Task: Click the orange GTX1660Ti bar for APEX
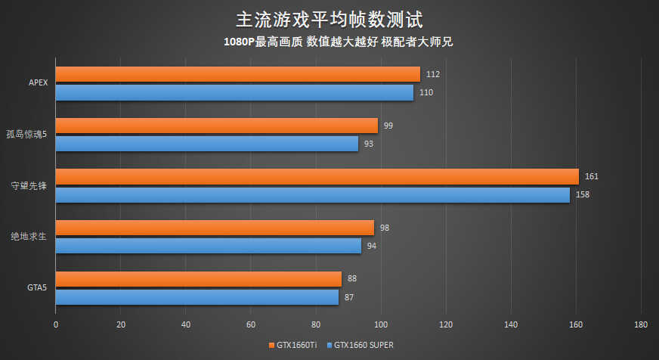pyautogui.click(x=237, y=74)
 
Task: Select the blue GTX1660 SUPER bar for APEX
pyautogui.click(x=234, y=92)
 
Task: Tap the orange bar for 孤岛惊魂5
pyautogui.click(x=216, y=126)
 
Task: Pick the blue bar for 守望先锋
pyautogui.click(x=312, y=194)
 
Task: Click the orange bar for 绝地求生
pyautogui.click(x=215, y=228)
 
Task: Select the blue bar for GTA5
pyautogui.click(x=196, y=297)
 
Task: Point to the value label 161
pyautogui.click(x=592, y=176)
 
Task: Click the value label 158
pyautogui.click(x=583, y=194)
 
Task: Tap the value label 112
pyautogui.click(x=433, y=74)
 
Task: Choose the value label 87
pyautogui.click(x=349, y=297)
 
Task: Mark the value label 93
pyautogui.click(x=369, y=143)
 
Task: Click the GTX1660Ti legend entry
pyautogui.click(x=293, y=346)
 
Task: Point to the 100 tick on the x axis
pyautogui.click(x=381, y=324)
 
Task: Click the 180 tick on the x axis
pyautogui.click(x=641, y=324)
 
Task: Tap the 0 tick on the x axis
pyautogui.click(x=56, y=324)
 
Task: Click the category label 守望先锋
pyautogui.click(x=29, y=186)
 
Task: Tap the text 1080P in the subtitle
pyautogui.click(x=239, y=42)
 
